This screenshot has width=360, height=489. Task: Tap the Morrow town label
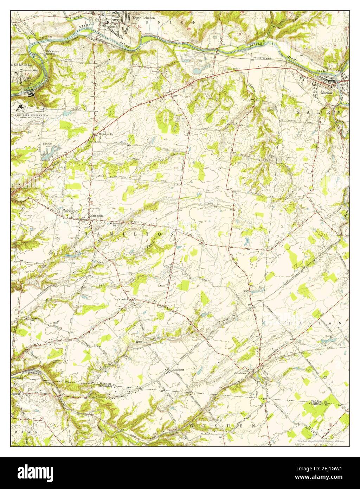click(326, 93)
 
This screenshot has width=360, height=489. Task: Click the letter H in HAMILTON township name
click(87, 233)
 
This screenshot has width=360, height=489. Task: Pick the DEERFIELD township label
click(21, 65)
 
